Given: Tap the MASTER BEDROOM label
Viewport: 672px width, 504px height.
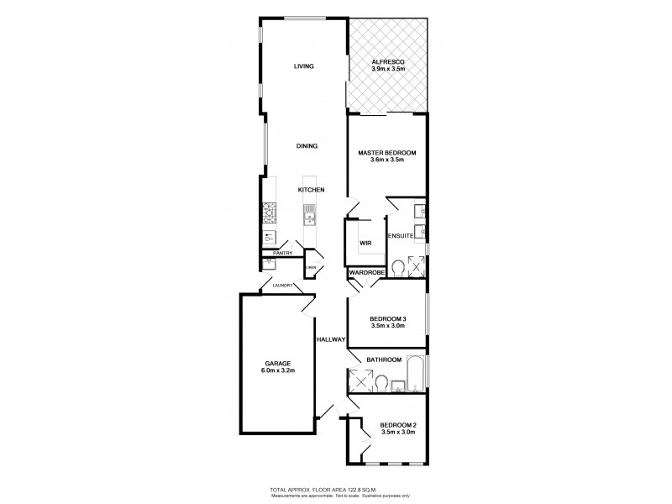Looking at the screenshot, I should pos(387,153).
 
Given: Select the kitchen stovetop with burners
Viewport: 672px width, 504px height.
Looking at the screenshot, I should pos(270,210).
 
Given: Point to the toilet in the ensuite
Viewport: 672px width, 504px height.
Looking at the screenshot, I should pos(397,268).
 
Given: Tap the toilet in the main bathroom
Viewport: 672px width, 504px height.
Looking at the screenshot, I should pos(383,384).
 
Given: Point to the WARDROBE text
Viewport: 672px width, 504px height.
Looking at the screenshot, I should pos(366,273).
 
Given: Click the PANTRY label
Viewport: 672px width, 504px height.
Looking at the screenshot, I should pos(281,253).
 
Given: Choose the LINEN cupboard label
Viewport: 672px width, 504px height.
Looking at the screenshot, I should pos(310,268).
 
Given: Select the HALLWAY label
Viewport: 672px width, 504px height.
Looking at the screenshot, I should pos(332,339).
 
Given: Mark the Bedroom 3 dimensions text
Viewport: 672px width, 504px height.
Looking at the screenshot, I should pos(387,326).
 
